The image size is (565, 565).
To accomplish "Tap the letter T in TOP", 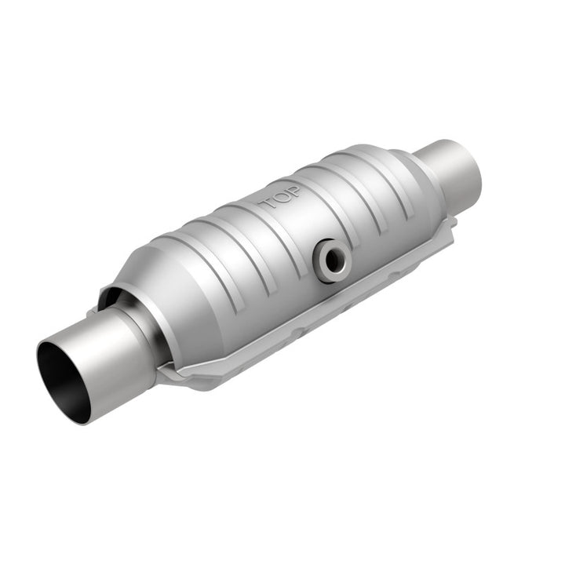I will click(x=268, y=203).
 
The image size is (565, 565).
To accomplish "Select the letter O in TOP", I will click(x=280, y=196).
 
